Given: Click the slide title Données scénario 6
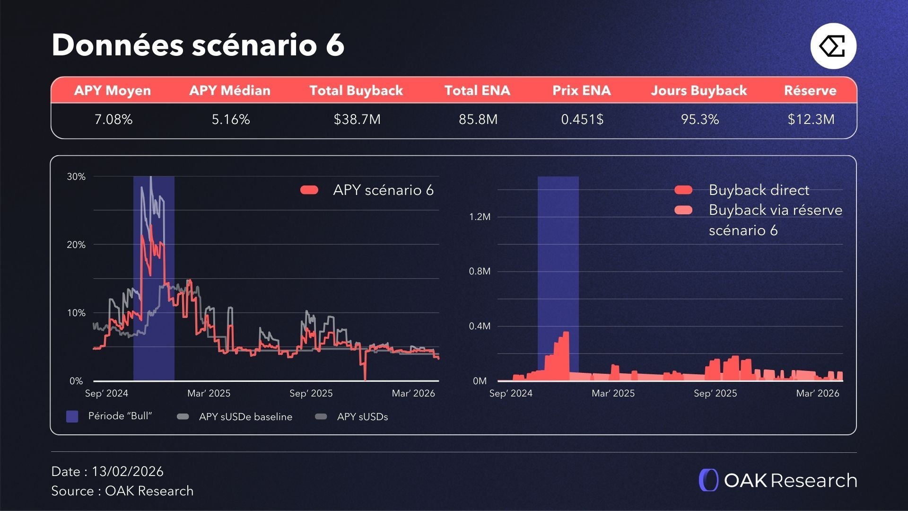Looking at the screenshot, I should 198,45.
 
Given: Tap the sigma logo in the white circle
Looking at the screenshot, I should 833,46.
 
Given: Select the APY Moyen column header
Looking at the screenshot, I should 113,90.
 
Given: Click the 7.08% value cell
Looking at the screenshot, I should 113,119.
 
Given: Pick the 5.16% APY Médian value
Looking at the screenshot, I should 230,119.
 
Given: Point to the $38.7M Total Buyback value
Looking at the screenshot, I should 357,119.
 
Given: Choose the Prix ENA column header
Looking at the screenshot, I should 581,90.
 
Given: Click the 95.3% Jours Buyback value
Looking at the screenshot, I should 699,119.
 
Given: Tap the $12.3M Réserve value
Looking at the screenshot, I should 811,119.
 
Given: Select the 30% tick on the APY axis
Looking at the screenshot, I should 76,177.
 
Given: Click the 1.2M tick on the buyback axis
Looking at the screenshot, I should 480,217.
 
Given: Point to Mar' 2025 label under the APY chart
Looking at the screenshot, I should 209,393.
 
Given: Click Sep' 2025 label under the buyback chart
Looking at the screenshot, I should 715,393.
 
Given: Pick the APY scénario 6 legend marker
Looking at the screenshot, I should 309,190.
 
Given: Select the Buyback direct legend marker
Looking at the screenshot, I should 683,190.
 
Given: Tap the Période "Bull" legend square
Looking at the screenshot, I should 72,416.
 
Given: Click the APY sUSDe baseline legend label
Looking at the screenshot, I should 245,417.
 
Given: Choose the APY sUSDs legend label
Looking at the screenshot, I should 362,417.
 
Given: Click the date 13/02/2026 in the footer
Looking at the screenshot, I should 127,471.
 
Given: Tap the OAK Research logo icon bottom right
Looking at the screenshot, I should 708,480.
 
